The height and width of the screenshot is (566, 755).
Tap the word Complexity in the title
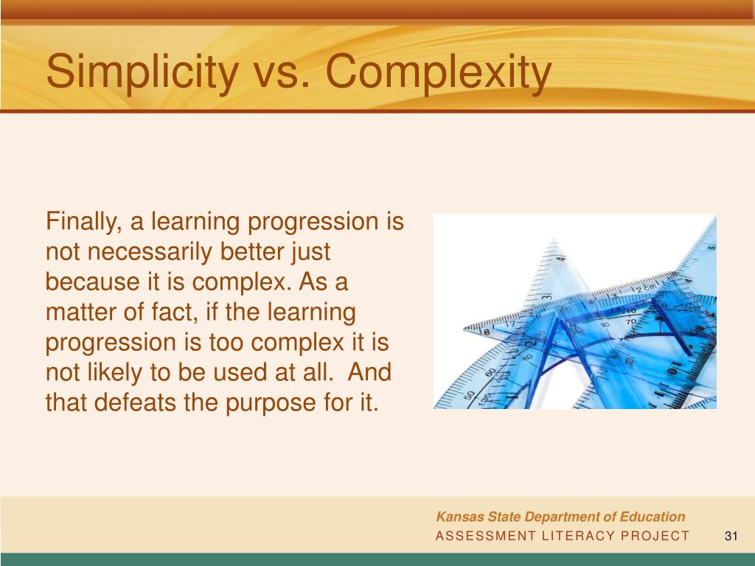pyautogui.click(x=438, y=74)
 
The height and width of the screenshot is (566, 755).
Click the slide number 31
pyautogui.click(x=731, y=536)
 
